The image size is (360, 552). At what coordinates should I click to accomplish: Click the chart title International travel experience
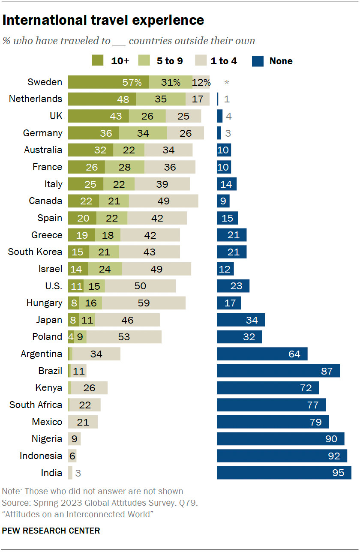click(x=103, y=20)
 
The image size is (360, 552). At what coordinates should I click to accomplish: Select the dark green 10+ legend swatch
click(x=98, y=61)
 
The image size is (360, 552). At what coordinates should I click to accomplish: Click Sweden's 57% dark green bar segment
click(x=108, y=82)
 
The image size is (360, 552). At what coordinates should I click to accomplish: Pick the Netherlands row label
click(x=36, y=99)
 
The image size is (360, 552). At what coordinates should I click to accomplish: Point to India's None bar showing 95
click(x=284, y=473)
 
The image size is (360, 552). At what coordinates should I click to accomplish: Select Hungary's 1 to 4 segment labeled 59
click(x=144, y=303)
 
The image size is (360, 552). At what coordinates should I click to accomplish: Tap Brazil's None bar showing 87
click(x=278, y=371)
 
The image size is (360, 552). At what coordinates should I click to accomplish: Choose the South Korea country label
click(x=35, y=252)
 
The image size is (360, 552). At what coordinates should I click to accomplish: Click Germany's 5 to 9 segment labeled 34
click(x=143, y=133)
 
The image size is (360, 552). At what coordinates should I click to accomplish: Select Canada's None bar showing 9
click(x=223, y=201)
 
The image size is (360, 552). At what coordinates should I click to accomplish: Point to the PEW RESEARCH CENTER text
click(x=51, y=531)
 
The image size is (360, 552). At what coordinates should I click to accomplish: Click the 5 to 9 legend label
click(x=170, y=61)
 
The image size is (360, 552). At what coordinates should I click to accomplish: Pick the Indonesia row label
click(x=41, y=456)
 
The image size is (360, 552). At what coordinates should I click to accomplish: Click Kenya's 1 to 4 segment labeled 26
click(x=89, y=388)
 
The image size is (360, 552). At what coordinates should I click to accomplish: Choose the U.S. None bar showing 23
click(x=233, y=286)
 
